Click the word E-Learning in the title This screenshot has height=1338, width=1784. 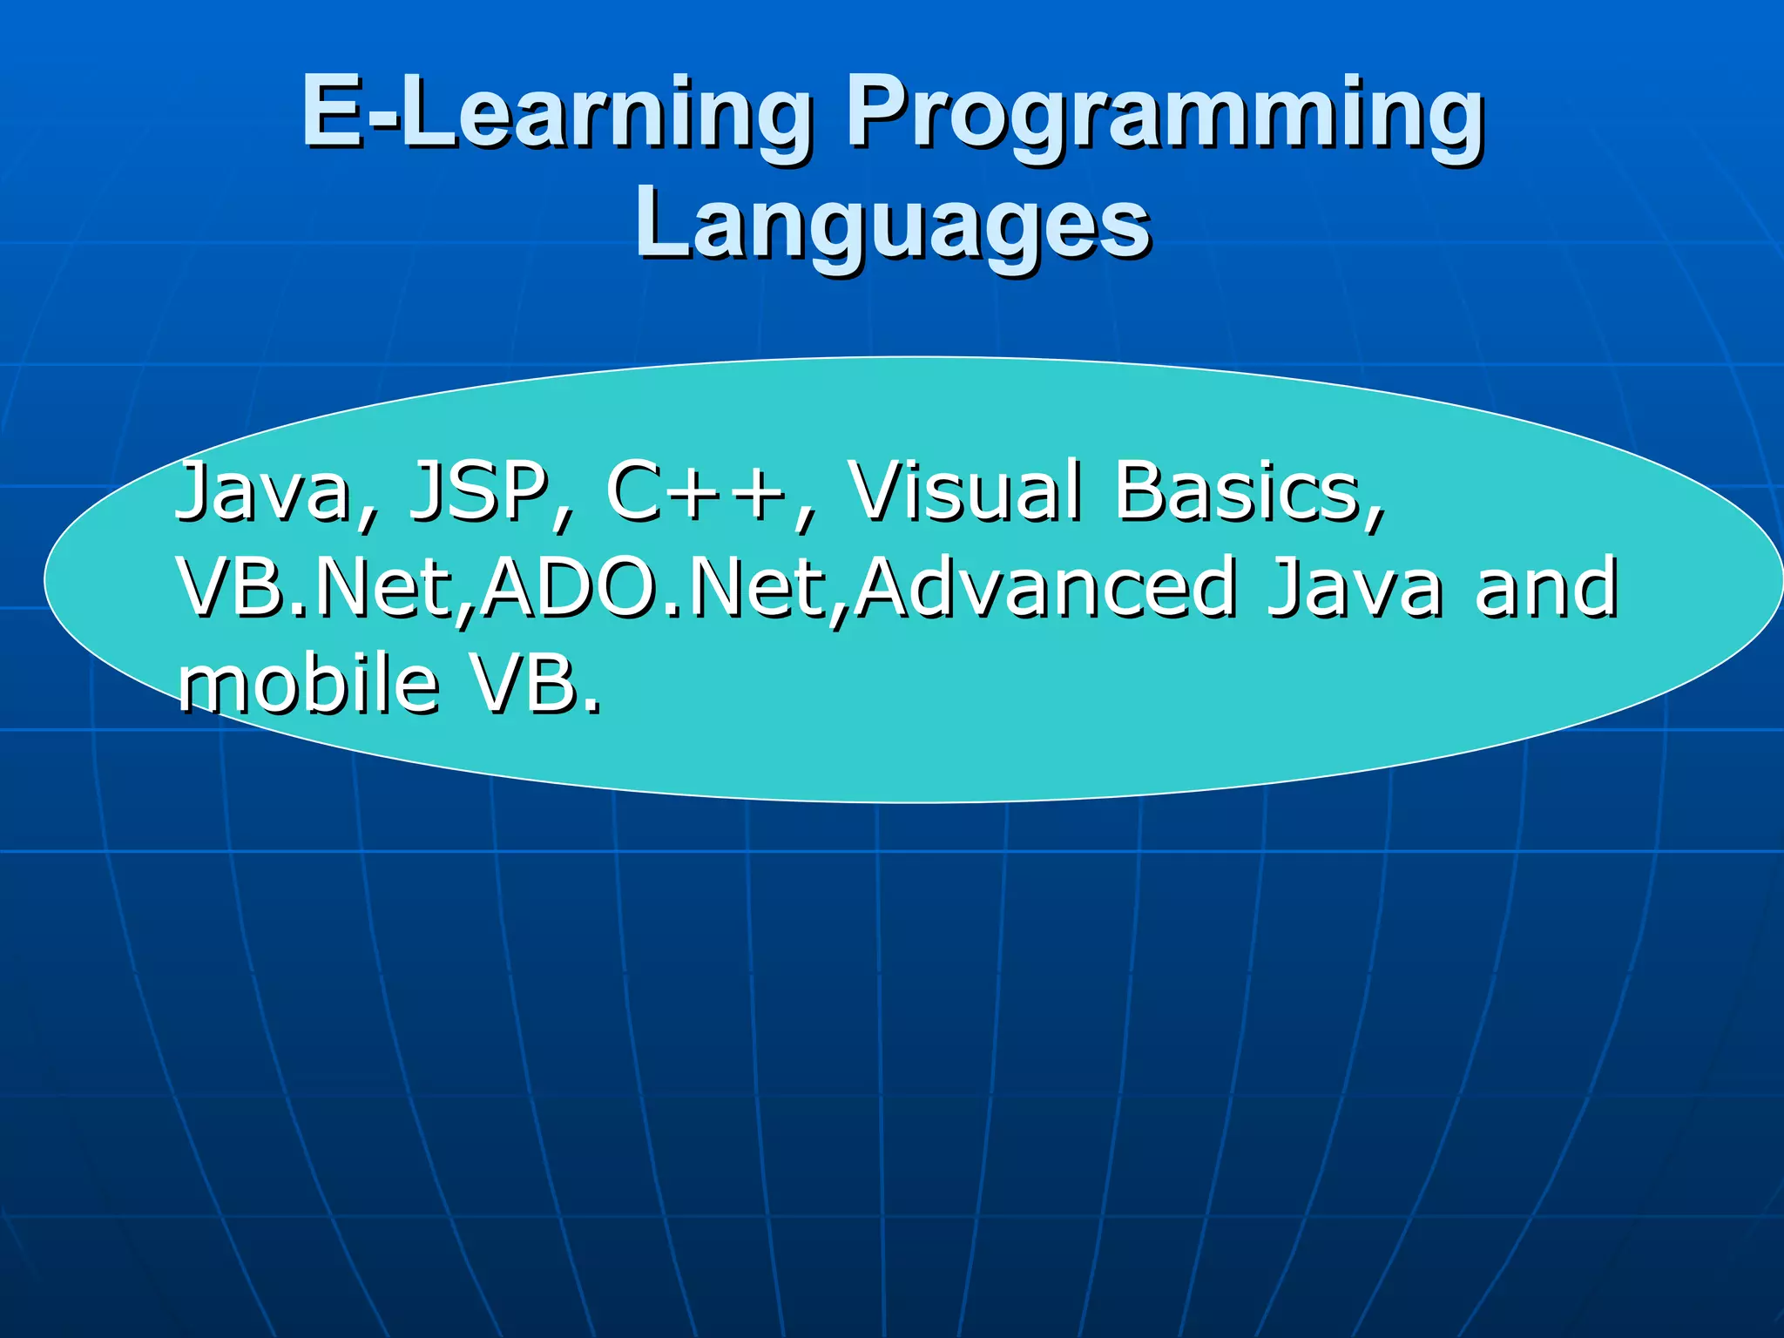tap(557, 113)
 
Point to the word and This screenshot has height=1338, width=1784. tap(1547, 588)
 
